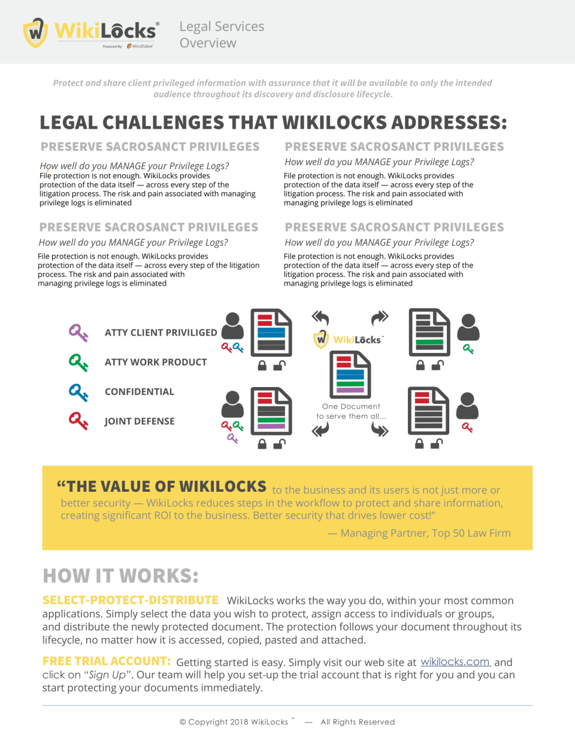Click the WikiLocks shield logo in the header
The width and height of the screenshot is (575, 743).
tap(35, 32)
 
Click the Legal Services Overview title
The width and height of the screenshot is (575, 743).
tap(222, 35)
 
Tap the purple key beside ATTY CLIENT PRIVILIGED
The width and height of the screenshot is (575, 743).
tap(78, 333)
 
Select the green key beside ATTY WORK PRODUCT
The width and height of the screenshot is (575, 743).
tap(78, 362)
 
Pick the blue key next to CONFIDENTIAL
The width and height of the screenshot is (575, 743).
tap(78, 392)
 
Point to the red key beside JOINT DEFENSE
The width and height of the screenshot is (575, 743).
tap(78, 421)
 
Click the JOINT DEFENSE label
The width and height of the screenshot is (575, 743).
tap(140, 421)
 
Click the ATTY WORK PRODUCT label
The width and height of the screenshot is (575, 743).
tap(156, 362)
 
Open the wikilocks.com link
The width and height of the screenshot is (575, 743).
tap(455, 662)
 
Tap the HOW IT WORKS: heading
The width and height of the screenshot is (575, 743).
tap(120, 575)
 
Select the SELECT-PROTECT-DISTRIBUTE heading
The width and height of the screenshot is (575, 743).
tap(130, 600)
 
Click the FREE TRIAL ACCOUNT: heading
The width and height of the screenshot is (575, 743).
tap(107, 661)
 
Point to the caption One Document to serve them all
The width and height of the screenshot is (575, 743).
tap(351, 411)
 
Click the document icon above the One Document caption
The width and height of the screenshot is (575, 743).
tap(350, 374)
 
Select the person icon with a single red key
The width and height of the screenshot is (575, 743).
tap(467, 406)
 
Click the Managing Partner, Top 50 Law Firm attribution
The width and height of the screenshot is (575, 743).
tap(419, 533)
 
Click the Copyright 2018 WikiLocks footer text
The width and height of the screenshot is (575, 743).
tap(237, 722)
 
